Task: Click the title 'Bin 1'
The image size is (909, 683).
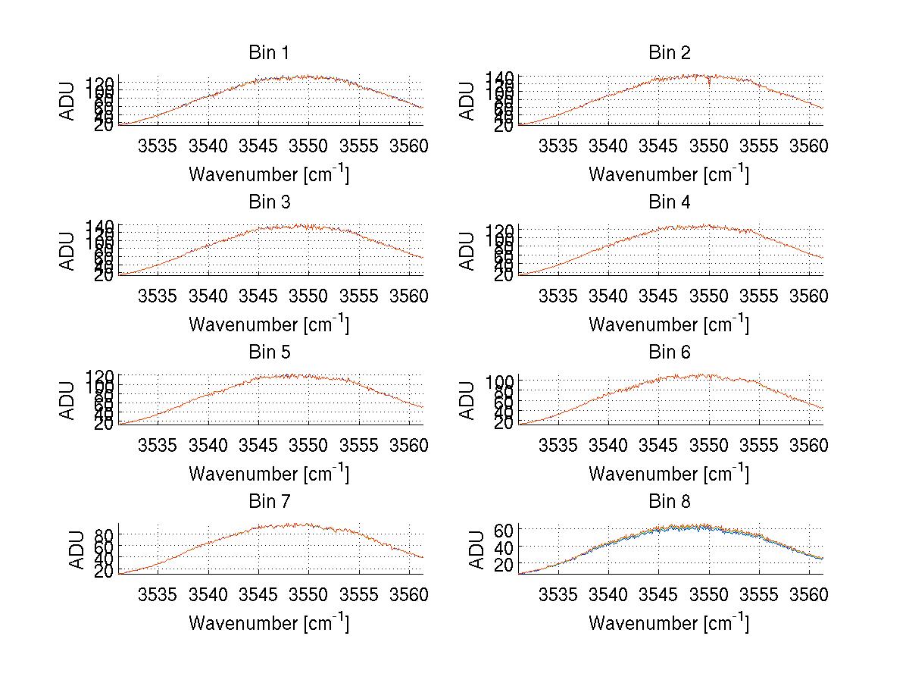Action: click(x=268, y=53)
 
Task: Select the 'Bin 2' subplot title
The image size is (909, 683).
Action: click(x=669, y=53)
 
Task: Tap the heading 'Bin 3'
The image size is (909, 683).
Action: click(x=268, y=202)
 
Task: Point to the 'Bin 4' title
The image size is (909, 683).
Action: click(x=669, y=202)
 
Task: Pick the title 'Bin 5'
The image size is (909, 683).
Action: click(x=268, y=352)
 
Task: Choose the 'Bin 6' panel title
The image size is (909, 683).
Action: click(x=669, y=352)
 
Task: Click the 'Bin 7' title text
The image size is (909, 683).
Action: click(x=268, y=502)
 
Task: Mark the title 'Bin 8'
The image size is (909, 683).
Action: click(x=669, y=502)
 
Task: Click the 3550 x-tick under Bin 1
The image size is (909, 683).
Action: click(x=309, y=146)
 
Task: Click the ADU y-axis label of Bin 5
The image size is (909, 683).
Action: click(x=69, y=399)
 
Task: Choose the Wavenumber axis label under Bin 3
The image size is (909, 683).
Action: click(x=268, y=324)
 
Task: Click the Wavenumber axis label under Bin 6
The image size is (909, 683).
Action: click(x=669, y=473)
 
